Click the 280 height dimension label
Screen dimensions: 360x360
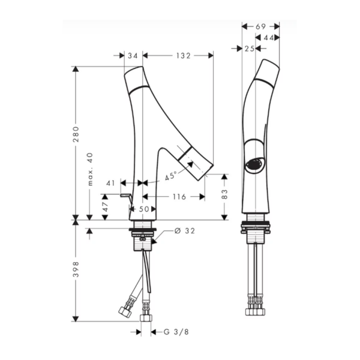[76, 134]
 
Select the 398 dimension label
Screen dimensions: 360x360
[76, 269]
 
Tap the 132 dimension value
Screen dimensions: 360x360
[183, 56]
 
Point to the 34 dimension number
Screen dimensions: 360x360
[133, 56]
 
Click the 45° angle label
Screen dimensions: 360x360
[171, 176]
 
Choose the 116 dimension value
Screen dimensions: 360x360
[179, 197]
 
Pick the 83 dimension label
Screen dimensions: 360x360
[224, 194]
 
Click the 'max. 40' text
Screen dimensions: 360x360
[90, 169]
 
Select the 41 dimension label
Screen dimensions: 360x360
[110, 183]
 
